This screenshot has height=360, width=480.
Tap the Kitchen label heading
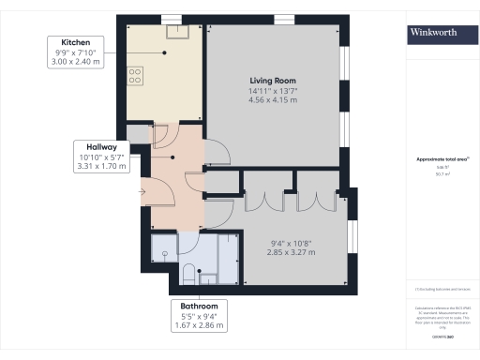pos(76,43)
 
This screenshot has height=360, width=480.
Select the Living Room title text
pos(273,82)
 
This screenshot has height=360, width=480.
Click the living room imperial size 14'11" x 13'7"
pos(273,92)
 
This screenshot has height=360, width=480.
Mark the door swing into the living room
pos(216,150)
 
